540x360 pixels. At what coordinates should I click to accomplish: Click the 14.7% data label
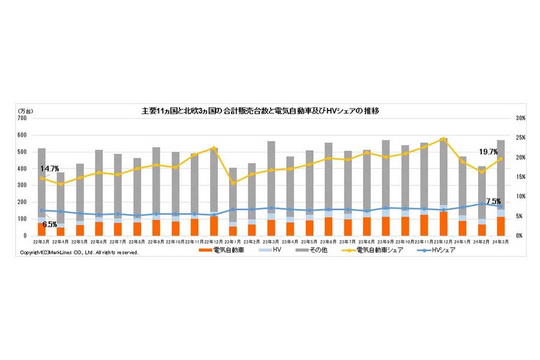pos(50,169)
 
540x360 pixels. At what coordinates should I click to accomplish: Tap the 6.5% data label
pos(50,224)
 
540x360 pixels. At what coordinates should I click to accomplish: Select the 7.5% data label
pos(493,201)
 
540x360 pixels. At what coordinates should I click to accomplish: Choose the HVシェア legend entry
pos(442,250)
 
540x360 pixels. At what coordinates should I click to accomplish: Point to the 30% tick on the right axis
pos(520,119)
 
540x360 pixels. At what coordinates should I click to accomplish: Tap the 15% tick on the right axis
pos(520,177)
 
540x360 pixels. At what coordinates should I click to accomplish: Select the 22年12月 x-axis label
pos(214,241)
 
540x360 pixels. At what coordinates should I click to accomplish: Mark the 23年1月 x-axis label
pos(233,241)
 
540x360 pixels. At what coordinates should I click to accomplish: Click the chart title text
pos(264,111)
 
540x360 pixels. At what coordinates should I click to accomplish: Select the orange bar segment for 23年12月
pos(443,223)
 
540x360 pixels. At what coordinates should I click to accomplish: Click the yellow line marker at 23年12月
pos(443,139)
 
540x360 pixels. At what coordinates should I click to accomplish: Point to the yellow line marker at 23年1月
pos(233,182)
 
